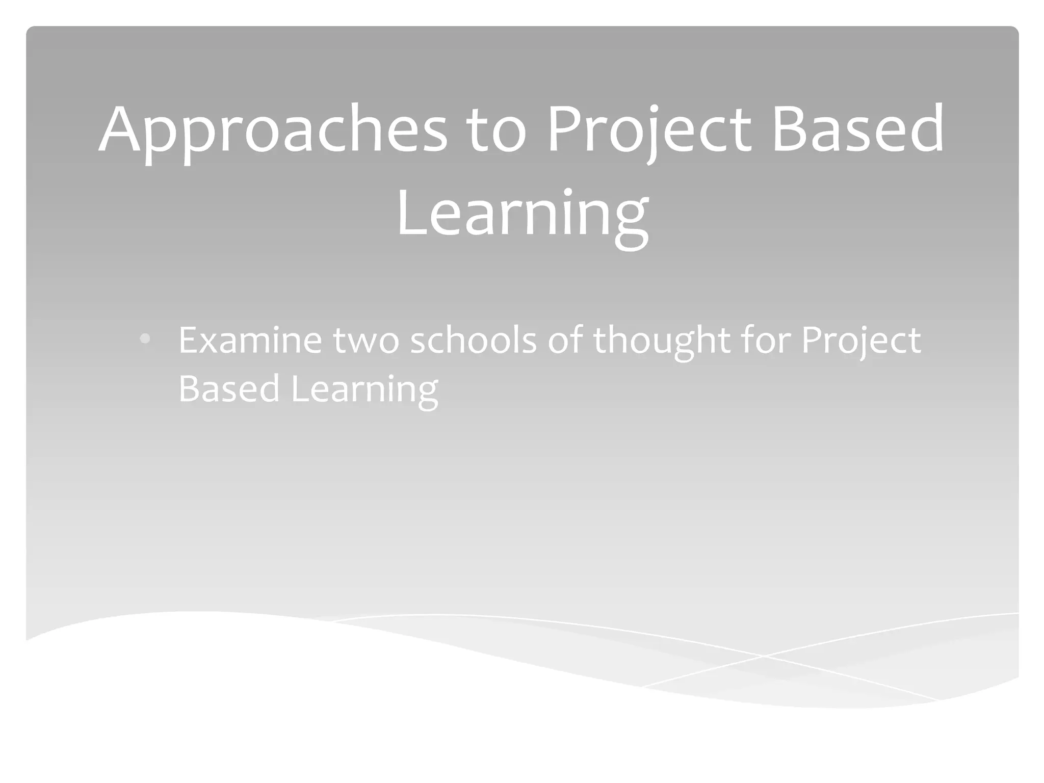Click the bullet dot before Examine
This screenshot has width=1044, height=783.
[x=145, y=338]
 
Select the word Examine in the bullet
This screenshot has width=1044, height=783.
[x=250, y=341]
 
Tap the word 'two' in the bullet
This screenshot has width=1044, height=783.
[x=366, y=341]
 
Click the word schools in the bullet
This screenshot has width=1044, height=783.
[x=474, y=341]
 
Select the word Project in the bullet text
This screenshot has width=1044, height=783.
[x=861, y=341]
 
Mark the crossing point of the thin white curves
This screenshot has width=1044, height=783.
[x=763, y=656]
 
